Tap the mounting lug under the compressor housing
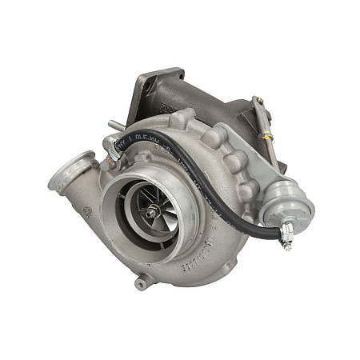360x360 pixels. (142, 282)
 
